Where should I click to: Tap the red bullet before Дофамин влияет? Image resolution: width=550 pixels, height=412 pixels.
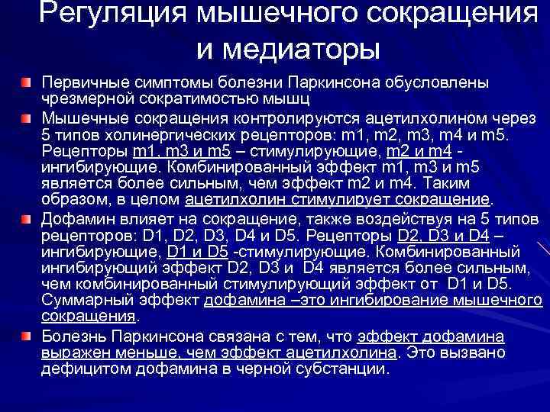coord(27,219)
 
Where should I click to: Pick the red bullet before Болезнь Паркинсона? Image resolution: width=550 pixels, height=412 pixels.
coord(27,336)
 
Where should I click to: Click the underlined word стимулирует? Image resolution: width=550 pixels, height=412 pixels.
coord(345,201)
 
